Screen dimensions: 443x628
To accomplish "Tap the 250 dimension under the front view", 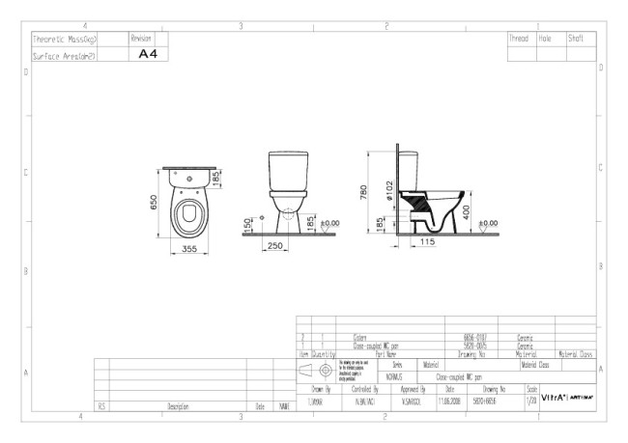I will click(x=274, y=247).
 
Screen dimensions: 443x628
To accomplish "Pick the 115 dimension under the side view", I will click(x=426, y=242).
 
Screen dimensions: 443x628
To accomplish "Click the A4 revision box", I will click(x=148, y=55).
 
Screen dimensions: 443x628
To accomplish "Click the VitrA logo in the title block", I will click(x=555, y=397).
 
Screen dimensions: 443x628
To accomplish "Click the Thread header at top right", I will click(x=520, y=39).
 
